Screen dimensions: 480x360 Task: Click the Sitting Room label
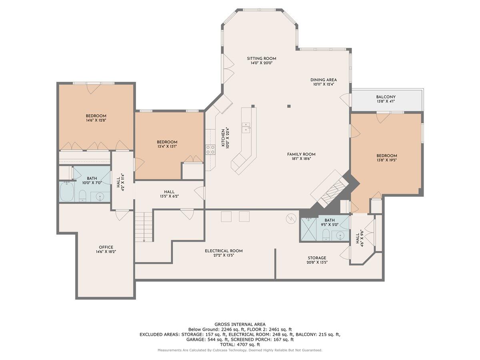pyautogui.click(x=261, y=58)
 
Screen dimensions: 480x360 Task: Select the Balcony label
pyautogui.click(x=386, y=97)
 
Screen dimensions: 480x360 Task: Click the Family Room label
pyautogui.click(x=301, y=154)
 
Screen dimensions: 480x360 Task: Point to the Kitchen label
pyautogui.click(x=223, y=138)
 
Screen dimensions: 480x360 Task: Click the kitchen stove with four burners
pyautogui.click(x=210, y=150)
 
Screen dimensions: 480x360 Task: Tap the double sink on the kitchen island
pyautogui.click(x=246, y=127)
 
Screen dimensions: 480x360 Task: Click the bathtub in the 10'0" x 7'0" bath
pyautogui.click(x=67, y=192)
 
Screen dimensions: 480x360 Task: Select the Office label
pyautogui.click(x=106, y=247)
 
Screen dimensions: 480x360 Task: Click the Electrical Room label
pyautogui.click(x=224, y=251)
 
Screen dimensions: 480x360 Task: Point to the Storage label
pyautogui.click(x=317, y=258)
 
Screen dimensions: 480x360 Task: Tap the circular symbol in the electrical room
pyautogui.click(x=291, y=218)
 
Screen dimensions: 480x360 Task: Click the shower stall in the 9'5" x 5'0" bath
pyautogui.click(x=308, y=230)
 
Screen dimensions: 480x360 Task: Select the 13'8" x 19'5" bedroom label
pyautogui.click(x=387, y=156)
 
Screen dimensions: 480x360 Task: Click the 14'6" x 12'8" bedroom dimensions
pyautogui.click(x=96, y=120)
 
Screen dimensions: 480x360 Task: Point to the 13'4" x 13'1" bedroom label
pyautogui.click(x=167, y=142)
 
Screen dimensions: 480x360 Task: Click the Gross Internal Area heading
pyautogui.click(x=240, y=324)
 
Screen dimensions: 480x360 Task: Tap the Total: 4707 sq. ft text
pyautogui.click(x=240, y=345)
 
